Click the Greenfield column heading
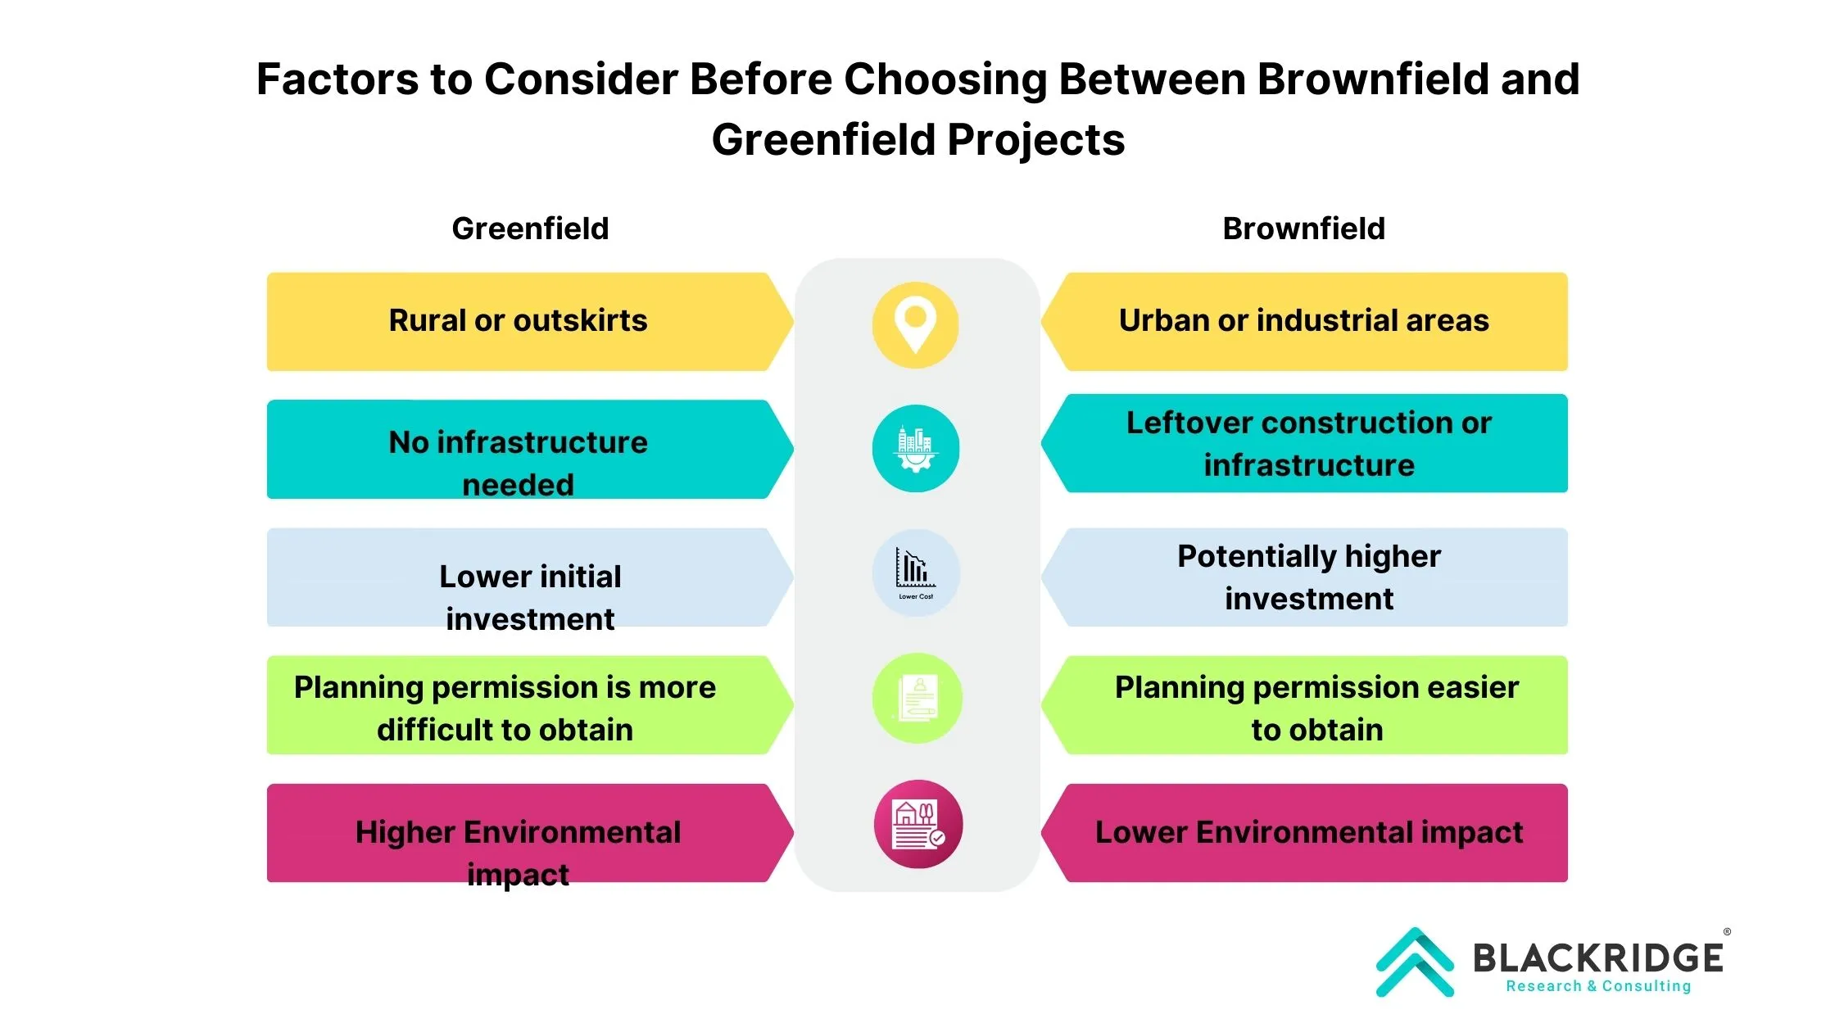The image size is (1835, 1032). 530,229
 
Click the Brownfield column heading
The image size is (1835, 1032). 1303,229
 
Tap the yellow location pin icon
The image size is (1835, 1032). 915,325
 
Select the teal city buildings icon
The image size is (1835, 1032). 915,449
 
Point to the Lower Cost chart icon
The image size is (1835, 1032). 915,573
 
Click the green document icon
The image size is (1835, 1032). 917,698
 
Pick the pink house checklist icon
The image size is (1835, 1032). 917,824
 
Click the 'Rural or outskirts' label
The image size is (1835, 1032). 518,320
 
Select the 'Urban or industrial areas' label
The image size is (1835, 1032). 1303,320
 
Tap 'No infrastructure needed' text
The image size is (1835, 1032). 518,464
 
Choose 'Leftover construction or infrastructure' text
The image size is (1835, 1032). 1309,444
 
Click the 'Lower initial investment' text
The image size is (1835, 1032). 530,598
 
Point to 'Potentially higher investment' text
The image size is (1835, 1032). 1309,577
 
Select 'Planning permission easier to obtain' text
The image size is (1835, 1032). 1316,708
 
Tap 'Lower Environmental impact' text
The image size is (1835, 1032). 1309,832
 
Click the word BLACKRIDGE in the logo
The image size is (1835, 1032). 1598,957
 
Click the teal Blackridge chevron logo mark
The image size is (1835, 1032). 1415,962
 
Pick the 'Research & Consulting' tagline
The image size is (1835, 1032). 1598,986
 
